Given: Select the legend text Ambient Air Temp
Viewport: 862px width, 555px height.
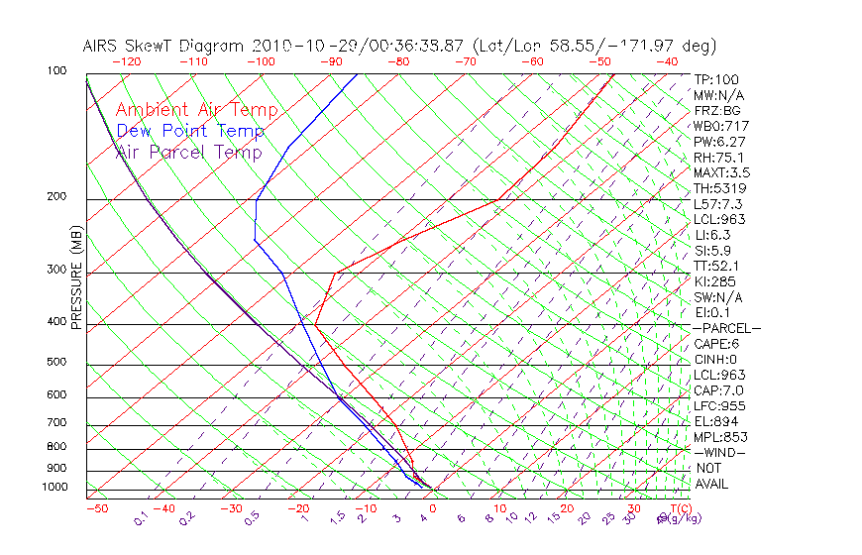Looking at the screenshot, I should (x=197, y=110).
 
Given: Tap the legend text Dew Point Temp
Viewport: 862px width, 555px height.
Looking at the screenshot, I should (x=190, y=131).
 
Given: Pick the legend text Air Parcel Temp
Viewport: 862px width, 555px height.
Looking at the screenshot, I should (x=189, y=152).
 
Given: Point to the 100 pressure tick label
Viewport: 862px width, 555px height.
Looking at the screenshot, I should (x=56, y=71).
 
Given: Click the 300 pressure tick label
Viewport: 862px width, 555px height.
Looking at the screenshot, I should (x=56, y=270).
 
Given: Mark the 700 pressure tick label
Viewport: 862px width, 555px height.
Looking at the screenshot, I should (x=56, y=423).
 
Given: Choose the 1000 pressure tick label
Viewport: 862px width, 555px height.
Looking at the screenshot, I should (x=54, y=488).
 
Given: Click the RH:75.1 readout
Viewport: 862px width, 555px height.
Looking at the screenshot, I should (x=718, y=157).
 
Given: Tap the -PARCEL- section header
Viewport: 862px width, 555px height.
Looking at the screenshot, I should (x=727, y=328).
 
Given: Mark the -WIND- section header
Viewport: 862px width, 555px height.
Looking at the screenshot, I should (x=720, y=452).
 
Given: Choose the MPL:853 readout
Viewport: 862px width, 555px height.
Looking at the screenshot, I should (x=719, y=437).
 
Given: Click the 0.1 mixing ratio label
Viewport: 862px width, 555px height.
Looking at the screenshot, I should (x=142, y=519).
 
